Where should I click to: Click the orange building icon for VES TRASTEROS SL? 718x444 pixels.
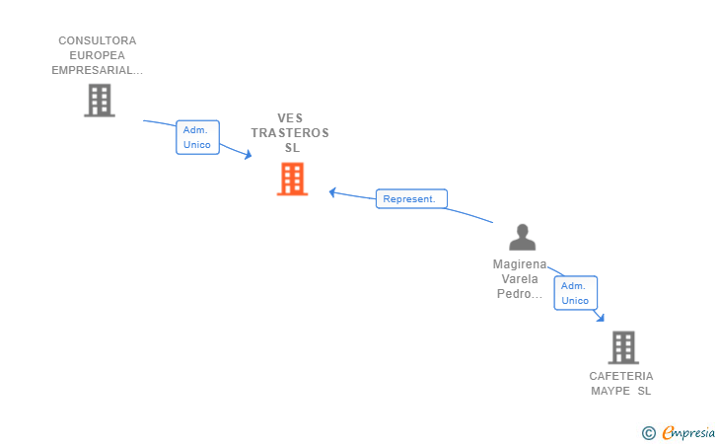coord(292,180)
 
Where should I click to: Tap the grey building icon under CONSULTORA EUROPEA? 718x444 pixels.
coord(100,101)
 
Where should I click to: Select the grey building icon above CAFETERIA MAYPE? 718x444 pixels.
coord(623,347)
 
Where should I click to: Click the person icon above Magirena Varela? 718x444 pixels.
coord(522,238)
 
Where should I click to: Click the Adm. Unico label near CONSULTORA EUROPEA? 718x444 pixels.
coord(197,137)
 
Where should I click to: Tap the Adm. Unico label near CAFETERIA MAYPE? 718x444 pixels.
coord(575,293)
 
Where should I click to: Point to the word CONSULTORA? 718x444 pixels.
coord(97,40)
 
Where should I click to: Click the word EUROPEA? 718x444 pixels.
coord(97,55)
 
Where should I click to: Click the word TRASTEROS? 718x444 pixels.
coord(290,133)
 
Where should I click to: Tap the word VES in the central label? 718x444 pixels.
coord(290,118)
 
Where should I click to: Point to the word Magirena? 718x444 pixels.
coord(520,264)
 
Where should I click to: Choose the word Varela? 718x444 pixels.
coord(520,279)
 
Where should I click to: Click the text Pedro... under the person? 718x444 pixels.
coord(520,294)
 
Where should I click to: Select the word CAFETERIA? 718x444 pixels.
coord(621,376)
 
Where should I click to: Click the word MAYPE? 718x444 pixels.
coord(610,391)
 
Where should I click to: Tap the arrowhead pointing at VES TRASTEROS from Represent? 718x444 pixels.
coord(333,192)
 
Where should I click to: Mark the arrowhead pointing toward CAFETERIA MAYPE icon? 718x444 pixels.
coord(601,317)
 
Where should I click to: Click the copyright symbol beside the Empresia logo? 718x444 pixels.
coord(648,433)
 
